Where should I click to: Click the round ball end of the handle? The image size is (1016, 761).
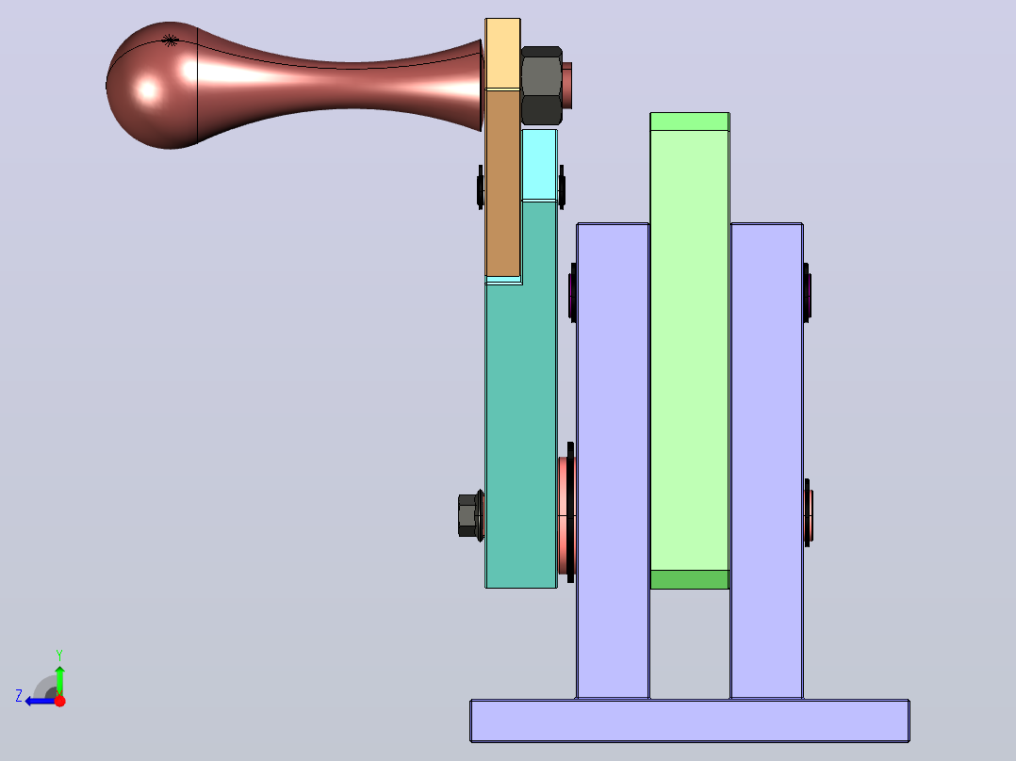[152, 86]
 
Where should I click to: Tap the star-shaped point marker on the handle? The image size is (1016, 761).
[170, 40]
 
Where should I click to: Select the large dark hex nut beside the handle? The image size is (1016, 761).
[541, 86]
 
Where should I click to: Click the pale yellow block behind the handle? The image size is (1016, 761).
[503, 54]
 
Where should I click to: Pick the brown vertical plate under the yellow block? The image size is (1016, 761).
[503, 183]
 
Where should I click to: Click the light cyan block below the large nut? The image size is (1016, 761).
[539, 165]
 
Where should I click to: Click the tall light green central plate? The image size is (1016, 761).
[690, 349]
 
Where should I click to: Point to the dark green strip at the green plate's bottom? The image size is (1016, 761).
[690, 579]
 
